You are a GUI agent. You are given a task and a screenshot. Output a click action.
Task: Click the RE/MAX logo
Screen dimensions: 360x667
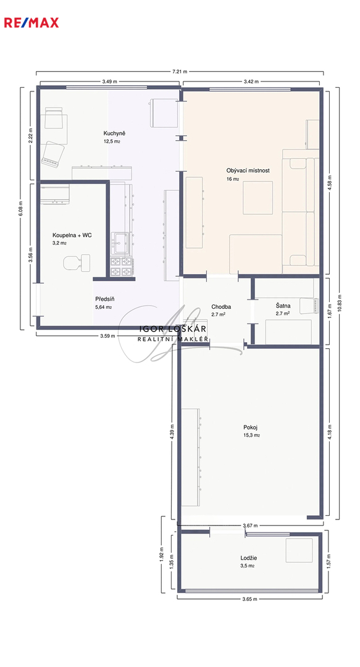click(31, 23)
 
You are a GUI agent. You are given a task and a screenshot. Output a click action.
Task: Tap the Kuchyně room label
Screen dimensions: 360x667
click(114, 133)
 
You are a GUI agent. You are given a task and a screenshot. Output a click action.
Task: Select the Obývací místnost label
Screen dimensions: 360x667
click(248, 170)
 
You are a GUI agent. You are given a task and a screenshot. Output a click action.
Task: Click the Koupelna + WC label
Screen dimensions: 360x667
click(72, 235)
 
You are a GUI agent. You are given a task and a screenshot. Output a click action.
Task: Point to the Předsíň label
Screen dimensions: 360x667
click(104, 299)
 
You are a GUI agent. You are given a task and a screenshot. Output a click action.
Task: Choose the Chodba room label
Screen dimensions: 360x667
click(220, 306)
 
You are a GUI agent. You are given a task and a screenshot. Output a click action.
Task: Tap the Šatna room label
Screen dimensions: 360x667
click(283, 305)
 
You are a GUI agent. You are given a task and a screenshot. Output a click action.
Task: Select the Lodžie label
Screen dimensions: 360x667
click(248, 558)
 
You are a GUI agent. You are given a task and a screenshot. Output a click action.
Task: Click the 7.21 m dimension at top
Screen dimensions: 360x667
click(180, 72)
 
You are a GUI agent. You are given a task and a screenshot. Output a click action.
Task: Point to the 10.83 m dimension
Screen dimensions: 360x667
click(339, 303)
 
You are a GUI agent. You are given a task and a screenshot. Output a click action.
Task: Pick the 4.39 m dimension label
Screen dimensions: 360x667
click(172, 432)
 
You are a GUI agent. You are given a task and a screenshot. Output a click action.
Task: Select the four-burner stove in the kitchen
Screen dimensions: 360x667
click(121, 267)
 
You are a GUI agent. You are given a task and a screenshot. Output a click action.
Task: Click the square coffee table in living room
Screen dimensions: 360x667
click(258, 198)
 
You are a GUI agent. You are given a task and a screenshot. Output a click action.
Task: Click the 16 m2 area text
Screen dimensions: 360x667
click(233, 179)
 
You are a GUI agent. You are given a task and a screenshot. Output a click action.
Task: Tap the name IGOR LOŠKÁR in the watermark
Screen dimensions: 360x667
click(174, 329)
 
